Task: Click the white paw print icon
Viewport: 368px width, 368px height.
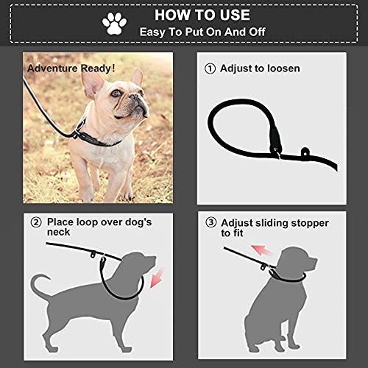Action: tap(114, 24)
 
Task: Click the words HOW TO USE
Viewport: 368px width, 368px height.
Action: tap(202, 15)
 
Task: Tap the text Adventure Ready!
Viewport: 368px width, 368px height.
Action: tap(71, 68)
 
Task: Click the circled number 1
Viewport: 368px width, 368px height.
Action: tap(210, 68)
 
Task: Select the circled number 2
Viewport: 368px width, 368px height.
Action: tap(36, 222)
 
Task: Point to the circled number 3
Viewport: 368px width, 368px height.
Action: tap(211, 223)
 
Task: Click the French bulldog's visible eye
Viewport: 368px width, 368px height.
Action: tap(116, 93)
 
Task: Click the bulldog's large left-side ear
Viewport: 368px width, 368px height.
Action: tap(92, 85)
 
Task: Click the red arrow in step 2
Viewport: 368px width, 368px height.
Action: tap(157, 278)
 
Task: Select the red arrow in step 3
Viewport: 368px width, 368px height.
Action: tap(261, 250)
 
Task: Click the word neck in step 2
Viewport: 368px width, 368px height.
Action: tap(58, 232)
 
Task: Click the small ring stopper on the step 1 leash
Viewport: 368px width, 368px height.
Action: tap(305, 152)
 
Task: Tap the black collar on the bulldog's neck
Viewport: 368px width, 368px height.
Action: tap(98, 138)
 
